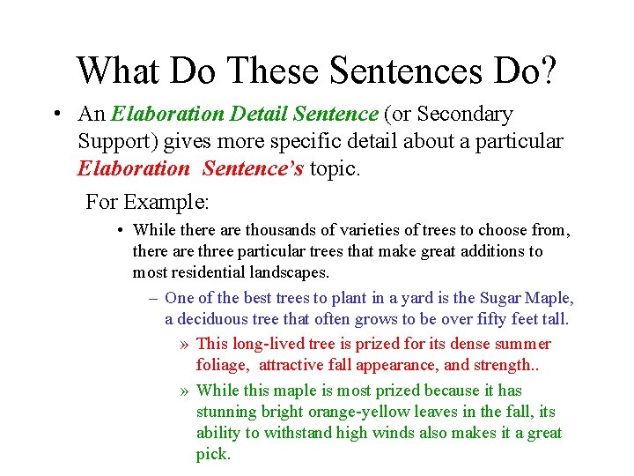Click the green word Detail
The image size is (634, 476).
click(260, 115)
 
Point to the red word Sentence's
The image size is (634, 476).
click(253, 167)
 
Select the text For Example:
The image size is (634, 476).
click(147, 202)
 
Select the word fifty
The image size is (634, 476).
click(487, 319)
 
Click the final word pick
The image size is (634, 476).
click(212, 455)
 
